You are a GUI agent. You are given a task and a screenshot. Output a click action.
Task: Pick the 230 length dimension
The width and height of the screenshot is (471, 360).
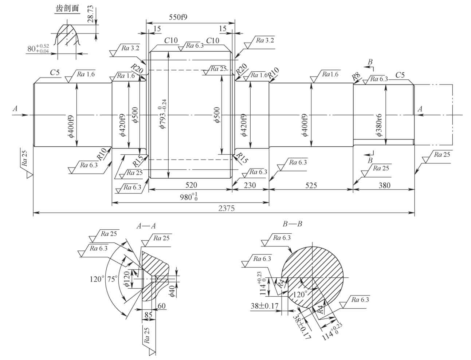[250, 185]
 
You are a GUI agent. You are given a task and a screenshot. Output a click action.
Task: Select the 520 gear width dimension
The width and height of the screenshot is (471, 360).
[191, 185]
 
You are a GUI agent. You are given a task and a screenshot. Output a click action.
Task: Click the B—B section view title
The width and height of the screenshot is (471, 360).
[292, 224]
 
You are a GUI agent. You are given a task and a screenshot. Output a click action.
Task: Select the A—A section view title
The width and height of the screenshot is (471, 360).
[146, 226]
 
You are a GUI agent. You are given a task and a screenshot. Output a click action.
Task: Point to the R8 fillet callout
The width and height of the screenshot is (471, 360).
[356, 77]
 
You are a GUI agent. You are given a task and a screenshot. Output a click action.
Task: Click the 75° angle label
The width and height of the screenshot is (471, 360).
[113, 279]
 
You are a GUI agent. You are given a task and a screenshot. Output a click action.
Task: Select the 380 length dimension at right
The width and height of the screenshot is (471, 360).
[384, 185]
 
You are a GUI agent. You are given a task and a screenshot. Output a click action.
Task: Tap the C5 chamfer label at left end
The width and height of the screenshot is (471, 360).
[55, 73]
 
